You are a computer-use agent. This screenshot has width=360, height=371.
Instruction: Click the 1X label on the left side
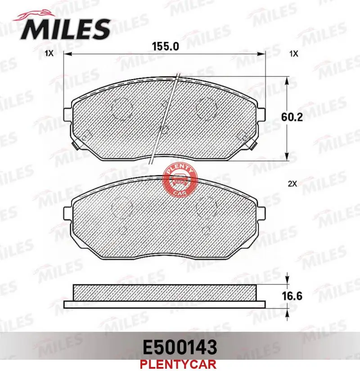pyautogui.click(x=49, y=54)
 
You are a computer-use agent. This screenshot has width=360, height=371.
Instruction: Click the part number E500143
pyautogui.click(x=180, y=347)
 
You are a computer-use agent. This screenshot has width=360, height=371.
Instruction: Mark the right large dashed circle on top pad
pyautogui.click(x=207, y=108)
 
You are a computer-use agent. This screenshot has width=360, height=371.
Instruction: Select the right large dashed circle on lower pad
pyautogui.click(x=207, y=207)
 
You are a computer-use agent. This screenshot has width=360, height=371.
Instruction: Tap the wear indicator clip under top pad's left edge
pyautogui.click(x=74, y=146)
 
